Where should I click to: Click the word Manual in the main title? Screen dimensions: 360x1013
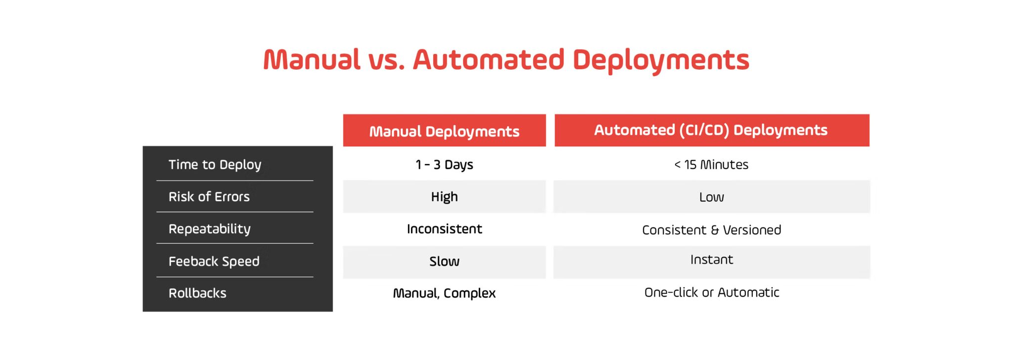(312, 60)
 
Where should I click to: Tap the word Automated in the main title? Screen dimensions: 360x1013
(488, 60)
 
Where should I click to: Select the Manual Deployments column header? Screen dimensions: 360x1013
(444, 131)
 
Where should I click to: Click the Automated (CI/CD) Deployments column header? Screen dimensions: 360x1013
(711, 130)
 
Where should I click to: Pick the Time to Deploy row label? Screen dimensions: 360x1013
(215, 165)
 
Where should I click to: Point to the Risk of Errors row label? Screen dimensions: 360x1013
(209, 197)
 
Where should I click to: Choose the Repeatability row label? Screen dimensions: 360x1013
(209, 229)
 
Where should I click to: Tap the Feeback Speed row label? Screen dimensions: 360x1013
(214, 261)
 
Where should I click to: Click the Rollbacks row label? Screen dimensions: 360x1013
(197, 293)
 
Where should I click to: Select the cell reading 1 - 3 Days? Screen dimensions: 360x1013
(444, 165)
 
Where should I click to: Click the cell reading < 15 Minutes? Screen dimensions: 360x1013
(711, 165)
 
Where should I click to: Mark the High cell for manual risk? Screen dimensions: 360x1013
(444, 197)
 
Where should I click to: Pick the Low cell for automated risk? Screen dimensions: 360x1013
(711, 197)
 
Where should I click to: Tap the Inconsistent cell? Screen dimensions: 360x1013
(444, 229)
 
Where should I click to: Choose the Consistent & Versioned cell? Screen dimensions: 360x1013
(711, 230)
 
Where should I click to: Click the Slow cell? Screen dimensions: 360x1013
(444, 261)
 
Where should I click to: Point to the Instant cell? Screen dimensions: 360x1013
(711, 260)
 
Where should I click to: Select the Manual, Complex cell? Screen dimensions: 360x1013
(444, 293)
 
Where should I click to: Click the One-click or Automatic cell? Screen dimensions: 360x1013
(711, 292)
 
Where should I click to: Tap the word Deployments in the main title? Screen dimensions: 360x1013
(661, 60)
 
